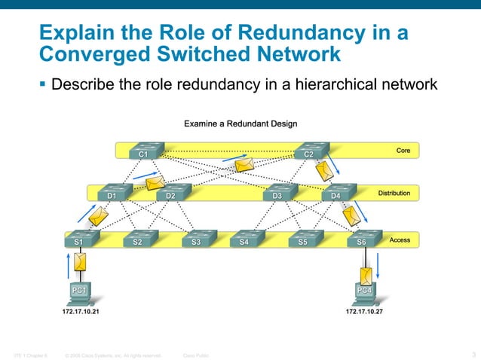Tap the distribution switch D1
(x=112, y=193)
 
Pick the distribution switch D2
(x=170, y=193)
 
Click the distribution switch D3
(x=277, y=193)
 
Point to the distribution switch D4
(x=336, y=193)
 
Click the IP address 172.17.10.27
(x=364, y=310)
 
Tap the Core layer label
(x=403, y=151)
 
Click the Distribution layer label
(x=394, y=194)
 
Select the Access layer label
(x=400, y=239)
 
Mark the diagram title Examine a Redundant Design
(x=240, y=123)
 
